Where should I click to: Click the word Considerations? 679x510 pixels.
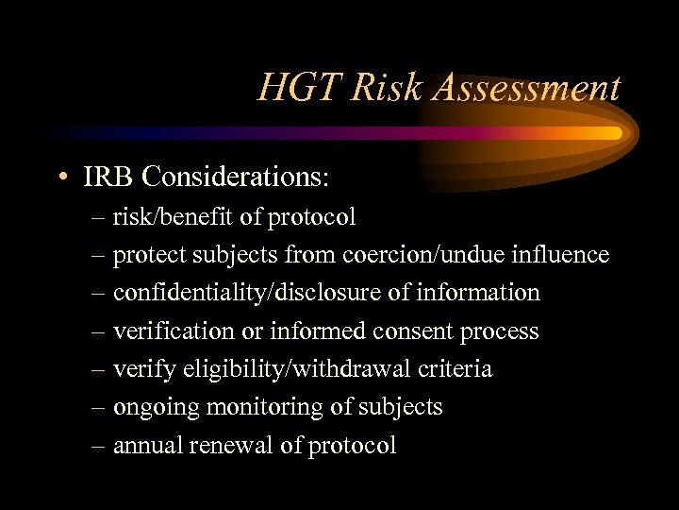coord(233,176)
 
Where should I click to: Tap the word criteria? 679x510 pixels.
coord(458,369)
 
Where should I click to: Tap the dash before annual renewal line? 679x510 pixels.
coord(101,446)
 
